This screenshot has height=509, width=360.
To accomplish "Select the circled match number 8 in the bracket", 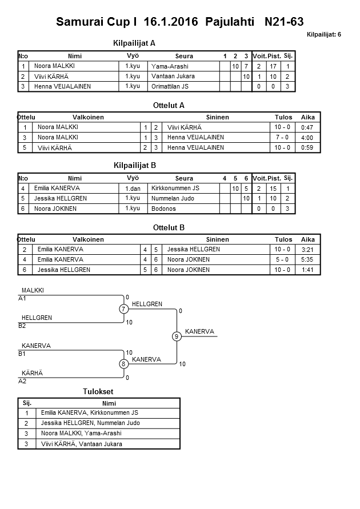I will click(x=123, y=364).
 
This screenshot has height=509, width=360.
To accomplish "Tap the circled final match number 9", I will click(x=177, y=336).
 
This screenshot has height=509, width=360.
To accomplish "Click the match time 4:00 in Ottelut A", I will click(x=307, y=138).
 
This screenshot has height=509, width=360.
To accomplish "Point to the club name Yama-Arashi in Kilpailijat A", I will click(x=170, y=66).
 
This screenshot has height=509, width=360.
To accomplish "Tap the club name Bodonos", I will click(x=163, y=209).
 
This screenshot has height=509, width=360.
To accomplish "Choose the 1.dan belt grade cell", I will click(x=133, y=188).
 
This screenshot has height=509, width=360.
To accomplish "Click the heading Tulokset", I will click(x=99, y=391).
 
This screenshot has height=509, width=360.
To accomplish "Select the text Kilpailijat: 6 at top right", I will click(x=323, y=35).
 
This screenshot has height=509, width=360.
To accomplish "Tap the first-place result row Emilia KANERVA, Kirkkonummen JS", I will click(x=90, y=412).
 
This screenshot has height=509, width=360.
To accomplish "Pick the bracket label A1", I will click(x=22, y=298).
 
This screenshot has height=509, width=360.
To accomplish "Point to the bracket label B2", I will click(x=22, y=326).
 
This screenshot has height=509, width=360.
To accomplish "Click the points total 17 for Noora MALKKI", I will click(x=273, y=66).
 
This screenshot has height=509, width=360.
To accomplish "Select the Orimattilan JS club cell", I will click(x=170, y=86).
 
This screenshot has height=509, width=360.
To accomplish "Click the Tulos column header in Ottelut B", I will click(x=283, y=239).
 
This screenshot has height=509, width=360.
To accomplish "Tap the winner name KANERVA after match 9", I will click(x=199, y=331).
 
